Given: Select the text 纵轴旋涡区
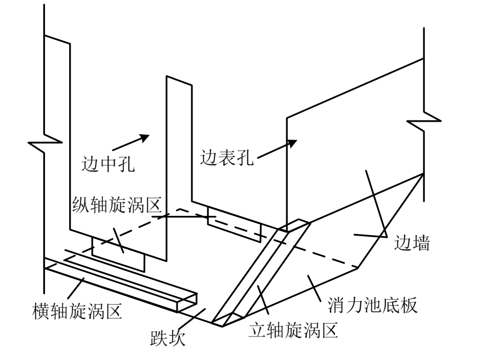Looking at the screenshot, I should tap(116, 207).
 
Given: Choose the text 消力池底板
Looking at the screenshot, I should tap(373, 305).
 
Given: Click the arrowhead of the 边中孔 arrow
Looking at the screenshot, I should tap(145, 136).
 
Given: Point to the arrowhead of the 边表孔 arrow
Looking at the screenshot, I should tap(292, 143).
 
